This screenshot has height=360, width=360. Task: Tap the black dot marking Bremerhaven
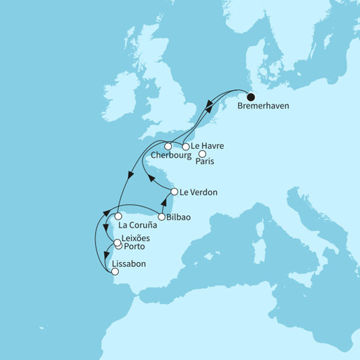tap(251, 97)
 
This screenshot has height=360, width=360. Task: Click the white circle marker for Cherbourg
tap(168, 146)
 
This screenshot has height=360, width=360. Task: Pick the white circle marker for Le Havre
tap(186, 146)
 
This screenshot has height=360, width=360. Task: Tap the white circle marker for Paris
tap(203, 154)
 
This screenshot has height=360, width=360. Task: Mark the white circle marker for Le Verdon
tap(175, 191)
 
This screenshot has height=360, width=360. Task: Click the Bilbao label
tap(180, 217)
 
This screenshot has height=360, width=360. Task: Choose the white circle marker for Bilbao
tap(162, 217)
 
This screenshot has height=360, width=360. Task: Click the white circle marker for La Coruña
tap(120, 216)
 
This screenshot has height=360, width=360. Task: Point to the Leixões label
tap(136, 238)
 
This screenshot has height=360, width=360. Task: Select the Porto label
tap(134, 247)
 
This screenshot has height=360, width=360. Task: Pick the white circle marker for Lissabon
tap(115, 273)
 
